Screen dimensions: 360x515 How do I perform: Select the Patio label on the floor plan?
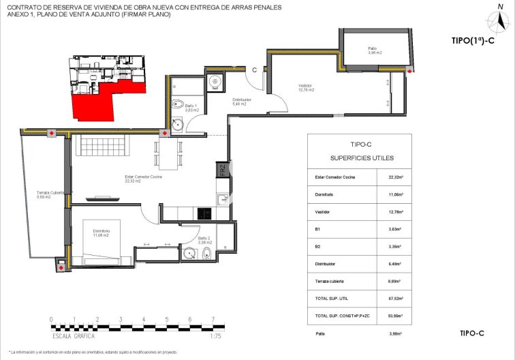372,50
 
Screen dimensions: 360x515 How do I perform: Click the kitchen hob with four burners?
205,213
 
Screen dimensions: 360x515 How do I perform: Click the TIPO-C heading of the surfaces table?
360,145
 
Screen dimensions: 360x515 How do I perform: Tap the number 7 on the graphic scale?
213,319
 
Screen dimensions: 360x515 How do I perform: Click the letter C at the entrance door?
254,70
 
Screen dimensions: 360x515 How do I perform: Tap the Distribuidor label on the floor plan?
242,102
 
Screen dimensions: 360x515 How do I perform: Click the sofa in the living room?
102,145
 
